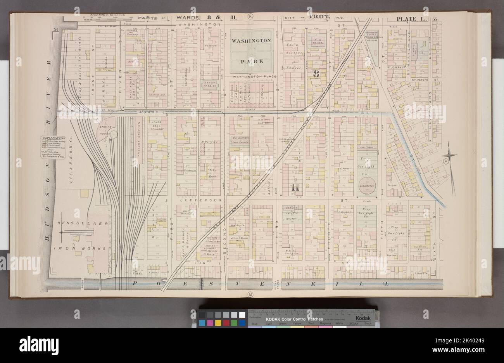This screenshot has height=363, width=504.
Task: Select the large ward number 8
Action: pyautogui.click(x=316, y=73)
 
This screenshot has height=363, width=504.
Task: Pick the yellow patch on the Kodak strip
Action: pyautogui.click(x=217, y=323)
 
